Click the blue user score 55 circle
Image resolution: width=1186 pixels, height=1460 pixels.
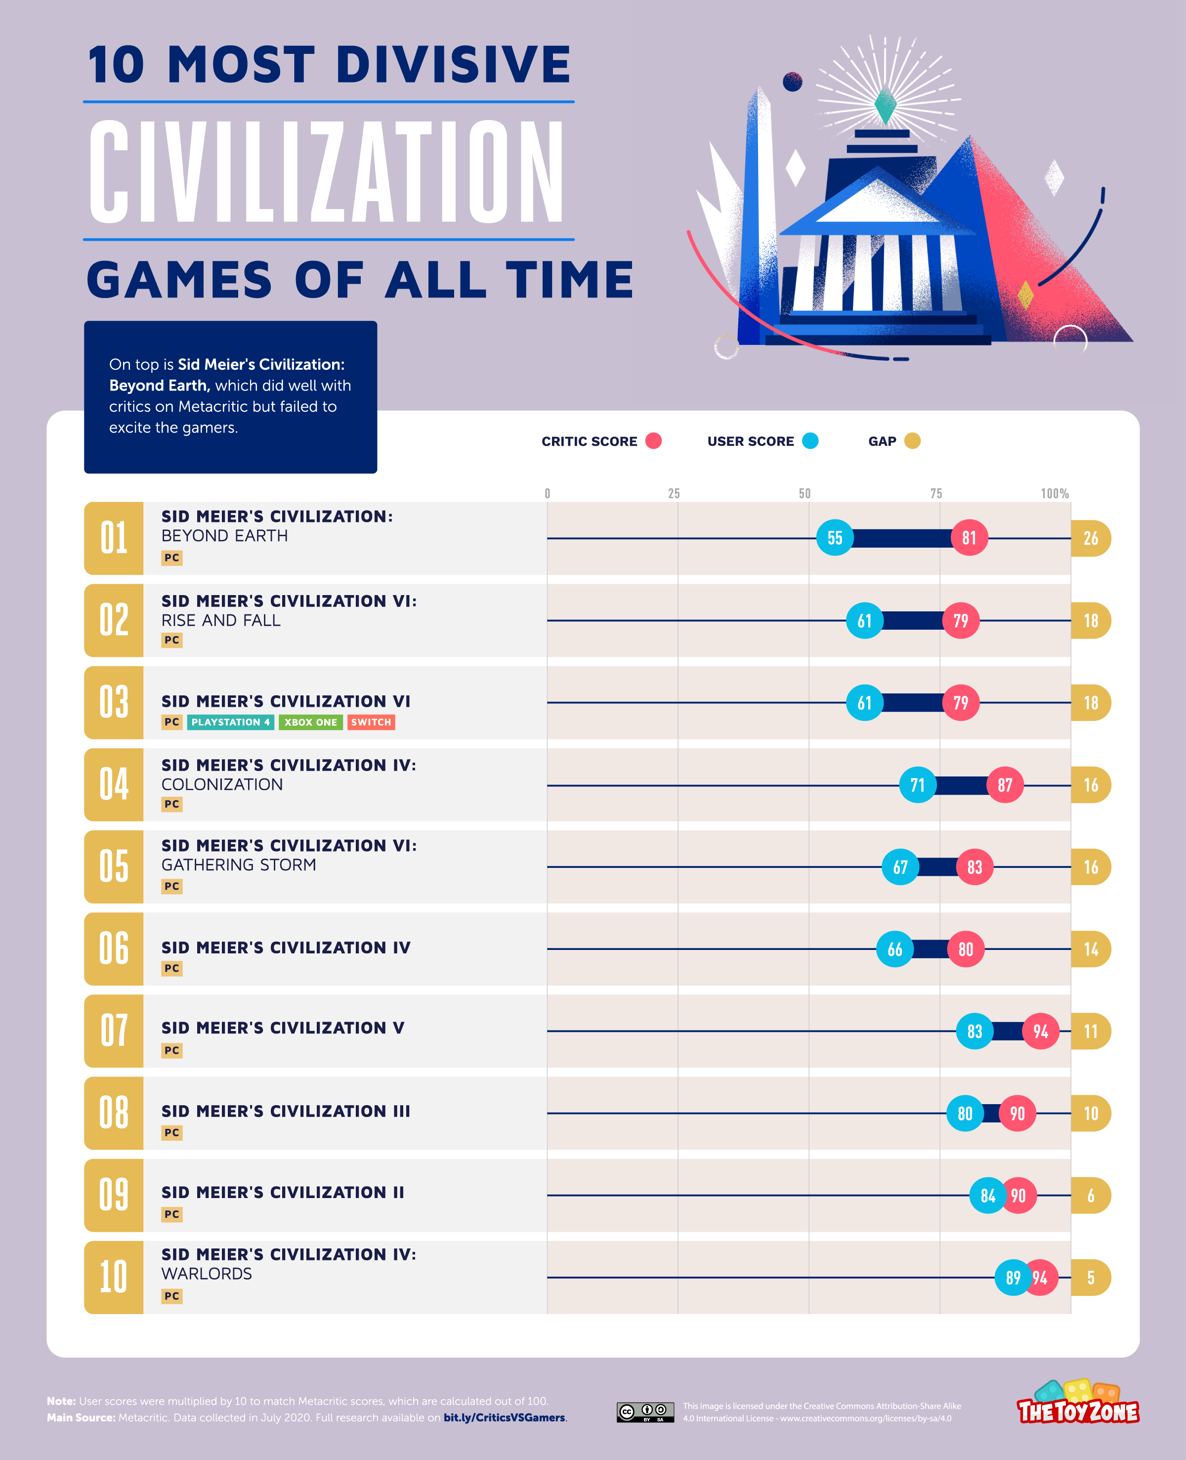834,538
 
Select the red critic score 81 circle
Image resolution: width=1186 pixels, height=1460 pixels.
969,538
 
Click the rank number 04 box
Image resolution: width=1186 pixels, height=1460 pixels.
113,784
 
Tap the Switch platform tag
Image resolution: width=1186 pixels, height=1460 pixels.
371,722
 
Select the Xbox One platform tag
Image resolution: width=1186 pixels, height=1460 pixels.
310,722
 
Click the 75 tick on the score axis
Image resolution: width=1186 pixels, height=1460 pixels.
936,493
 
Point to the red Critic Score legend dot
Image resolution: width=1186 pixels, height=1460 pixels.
653,441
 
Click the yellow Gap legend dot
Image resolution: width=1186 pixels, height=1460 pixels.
912,441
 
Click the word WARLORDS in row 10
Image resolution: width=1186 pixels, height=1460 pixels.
207,1274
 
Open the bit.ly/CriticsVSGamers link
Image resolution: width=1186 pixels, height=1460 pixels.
504,1417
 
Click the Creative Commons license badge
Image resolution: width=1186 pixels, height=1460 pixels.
645,1412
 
